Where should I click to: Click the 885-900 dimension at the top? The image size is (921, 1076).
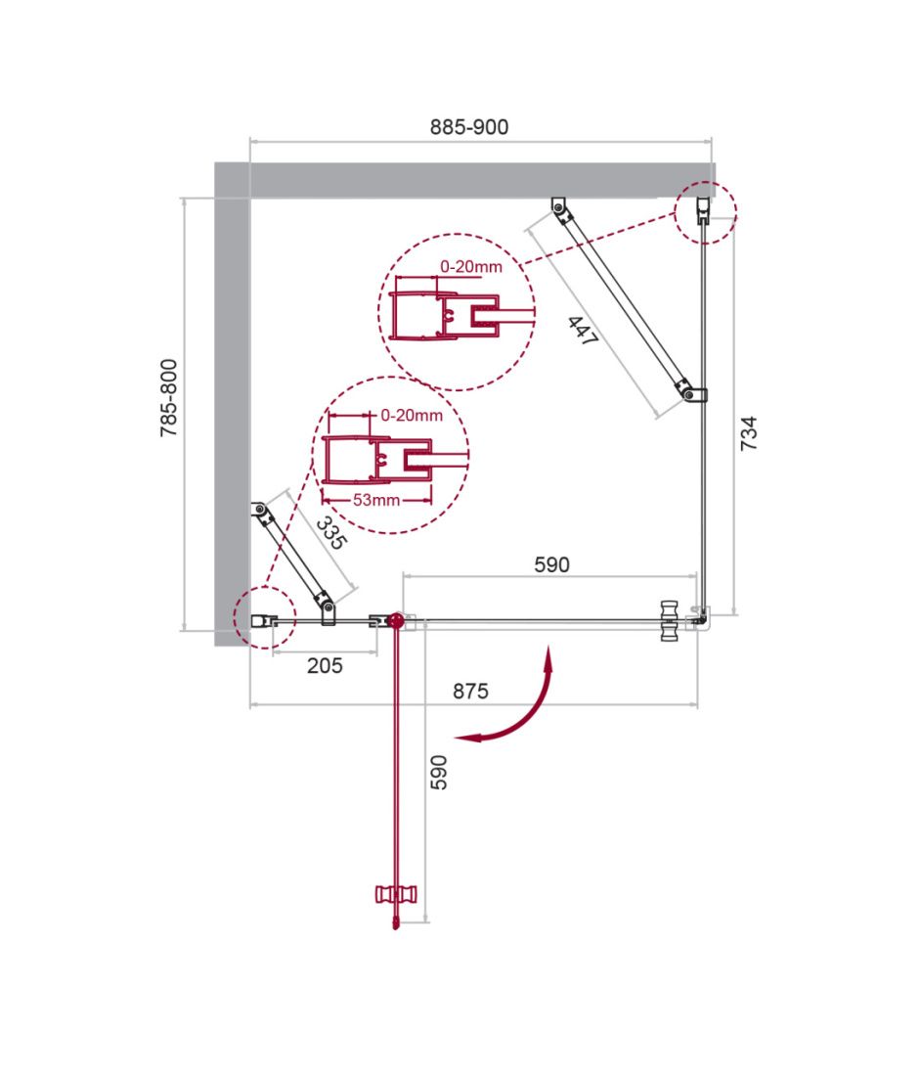click(x=469, y=127)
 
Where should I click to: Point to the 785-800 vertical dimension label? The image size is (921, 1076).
click(x=169, y=398)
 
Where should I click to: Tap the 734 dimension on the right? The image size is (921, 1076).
click(x=749, y=433)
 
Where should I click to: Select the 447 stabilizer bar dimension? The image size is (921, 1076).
click(x=583, y=331)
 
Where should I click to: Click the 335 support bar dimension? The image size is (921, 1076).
click(x=331, y=533)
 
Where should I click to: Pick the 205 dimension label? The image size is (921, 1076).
click(x=325, y=665)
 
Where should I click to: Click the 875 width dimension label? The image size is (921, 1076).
click(x=470, y=691)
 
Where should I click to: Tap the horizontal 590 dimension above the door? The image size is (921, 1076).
click(x=551, y=564)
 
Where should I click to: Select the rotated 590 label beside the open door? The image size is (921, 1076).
click(x=439, y=773)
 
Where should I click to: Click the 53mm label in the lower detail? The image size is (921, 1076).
click(x=376, y=500)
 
